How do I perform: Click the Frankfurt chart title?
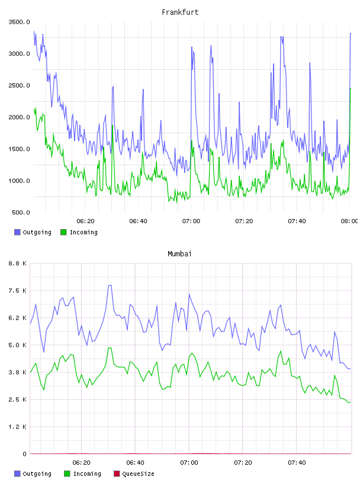[180, 12]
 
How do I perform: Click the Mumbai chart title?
[179, 254]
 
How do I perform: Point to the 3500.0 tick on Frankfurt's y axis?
[20, 22]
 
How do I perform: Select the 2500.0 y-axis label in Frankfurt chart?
[20, 85]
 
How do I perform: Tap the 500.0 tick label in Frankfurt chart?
[21, 212]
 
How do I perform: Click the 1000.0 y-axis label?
[20, 181]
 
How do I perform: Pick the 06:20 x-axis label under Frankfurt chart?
[85, 221]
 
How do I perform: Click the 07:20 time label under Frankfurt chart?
[244, 221]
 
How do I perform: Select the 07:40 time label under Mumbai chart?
[297, 463]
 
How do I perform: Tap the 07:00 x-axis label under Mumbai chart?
[189, 463]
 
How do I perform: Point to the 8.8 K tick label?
[18, 263]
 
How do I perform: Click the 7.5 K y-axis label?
[18, 291]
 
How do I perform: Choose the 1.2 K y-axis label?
[18, 427]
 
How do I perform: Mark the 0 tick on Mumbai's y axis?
[25, 454]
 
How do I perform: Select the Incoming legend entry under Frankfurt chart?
[79, 232]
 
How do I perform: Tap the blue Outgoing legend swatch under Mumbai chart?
[17, 474]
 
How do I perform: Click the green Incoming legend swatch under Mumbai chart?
[67, 474]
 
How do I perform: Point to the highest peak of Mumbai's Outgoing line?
[110, 285]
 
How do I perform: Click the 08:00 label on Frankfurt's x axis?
[349, 221]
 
